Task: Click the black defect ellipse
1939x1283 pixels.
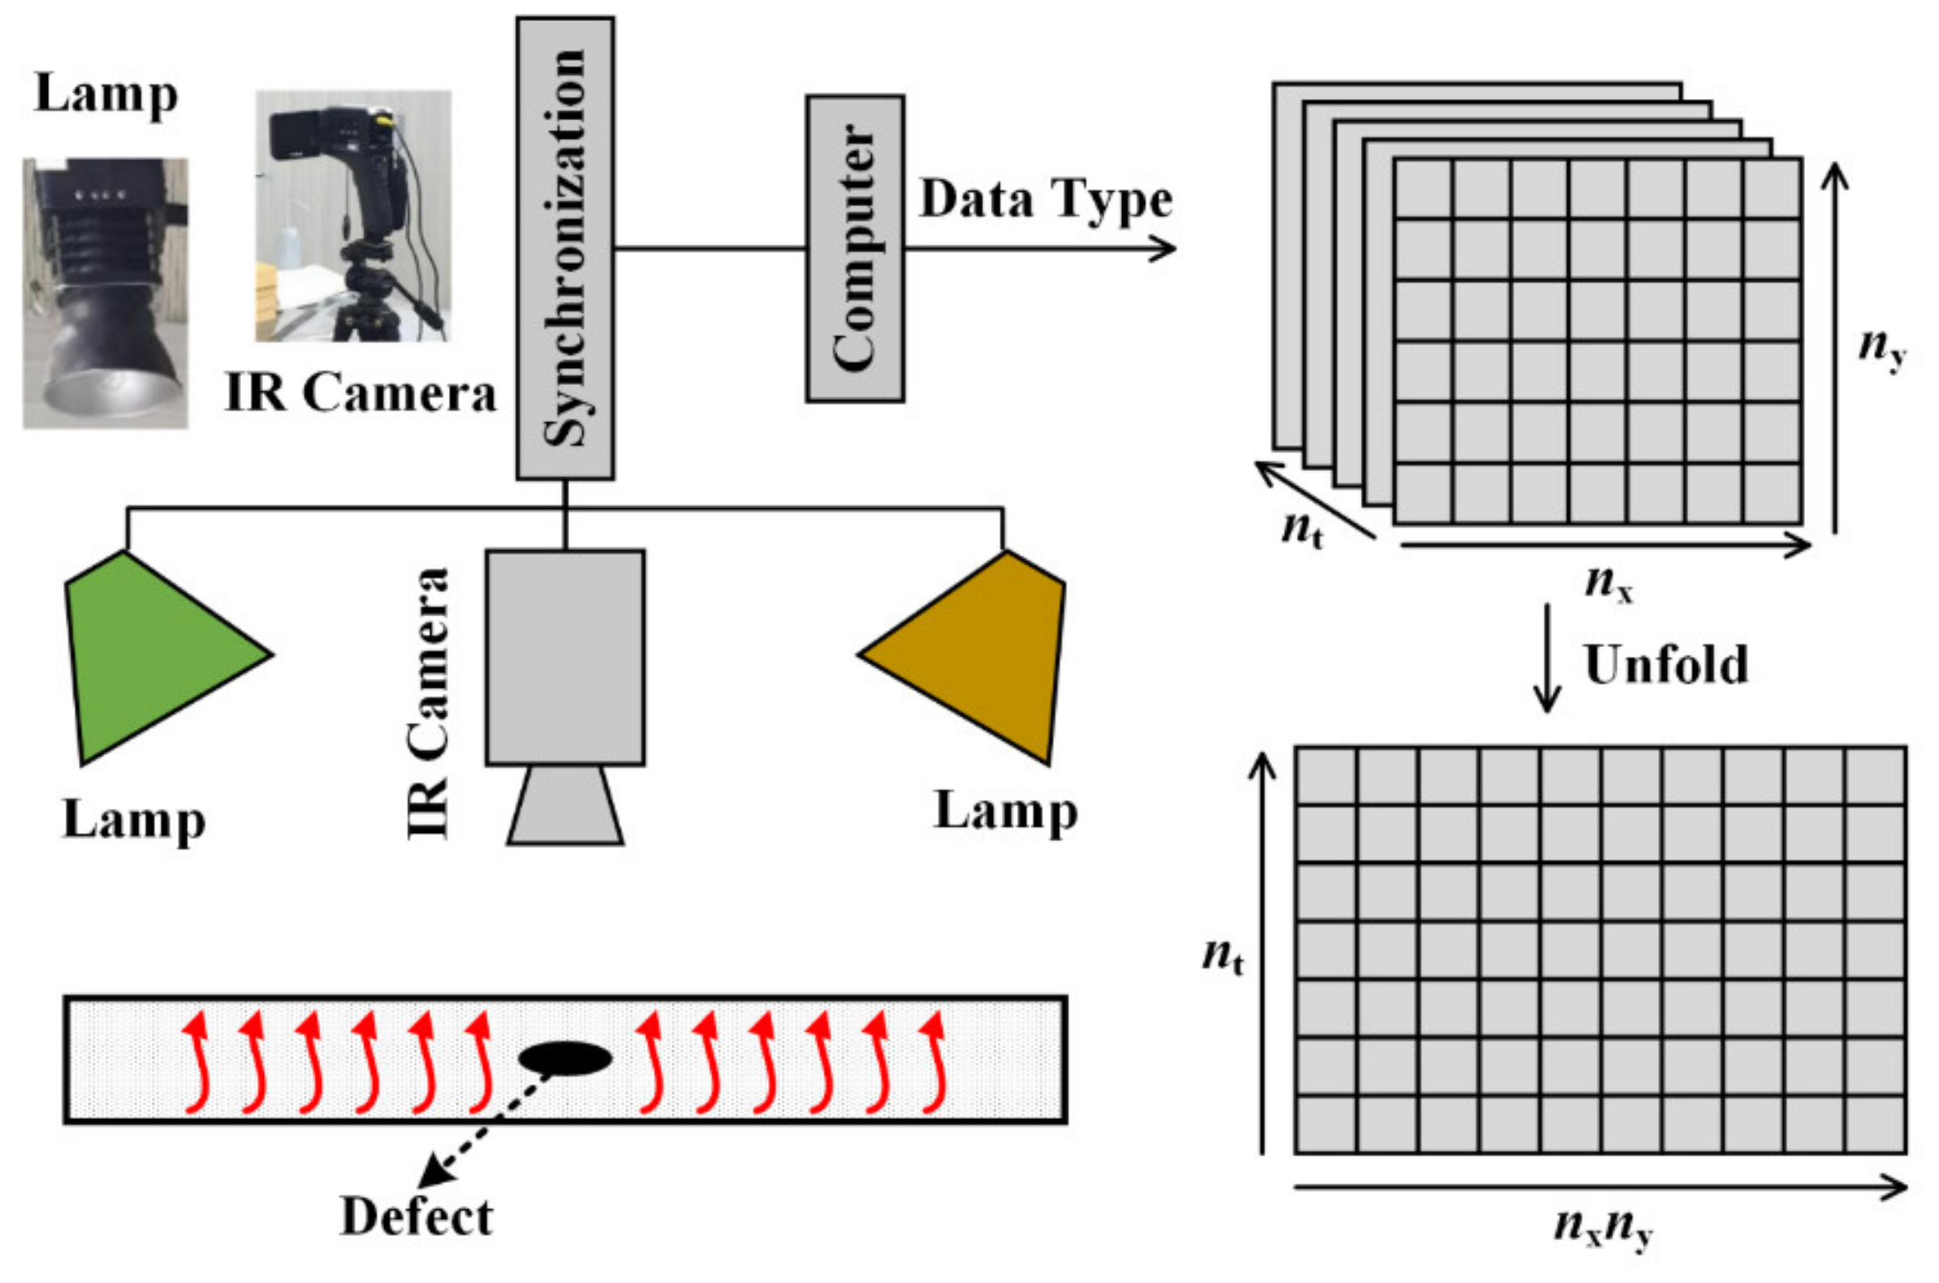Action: click(565, 1058)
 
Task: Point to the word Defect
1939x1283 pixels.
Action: click(417, 1216)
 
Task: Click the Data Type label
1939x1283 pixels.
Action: click(1046, 199)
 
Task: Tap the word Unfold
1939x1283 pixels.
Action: click(1665, 664)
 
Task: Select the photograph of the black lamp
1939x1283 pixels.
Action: click(105, 293)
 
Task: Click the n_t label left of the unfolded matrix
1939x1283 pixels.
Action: click(1222, 956)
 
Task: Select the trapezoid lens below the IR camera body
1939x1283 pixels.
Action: click(564, 806)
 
